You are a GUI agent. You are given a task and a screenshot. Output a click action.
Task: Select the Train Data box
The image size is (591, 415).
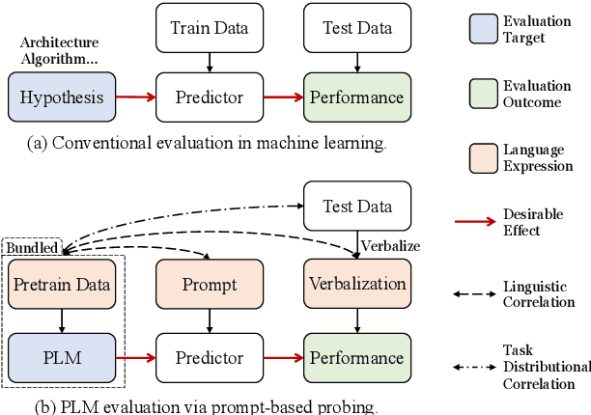coord(210,28)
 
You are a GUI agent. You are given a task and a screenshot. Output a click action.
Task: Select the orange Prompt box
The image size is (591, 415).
coord(210,285)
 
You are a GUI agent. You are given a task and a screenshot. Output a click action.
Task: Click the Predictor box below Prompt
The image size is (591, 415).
coord(210,358)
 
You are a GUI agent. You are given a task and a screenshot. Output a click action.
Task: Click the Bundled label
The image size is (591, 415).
coord(32,248)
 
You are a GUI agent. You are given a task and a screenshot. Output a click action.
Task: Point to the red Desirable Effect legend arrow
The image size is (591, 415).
coord(475,222)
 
